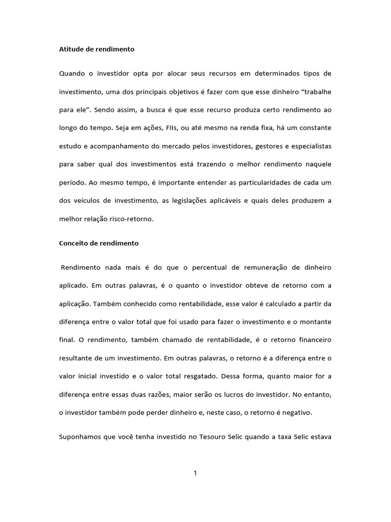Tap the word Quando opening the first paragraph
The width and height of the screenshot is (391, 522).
tap(73, 73)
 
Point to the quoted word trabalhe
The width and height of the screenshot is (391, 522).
tap(314, 92)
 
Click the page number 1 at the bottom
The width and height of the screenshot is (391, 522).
tap(195, 473)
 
